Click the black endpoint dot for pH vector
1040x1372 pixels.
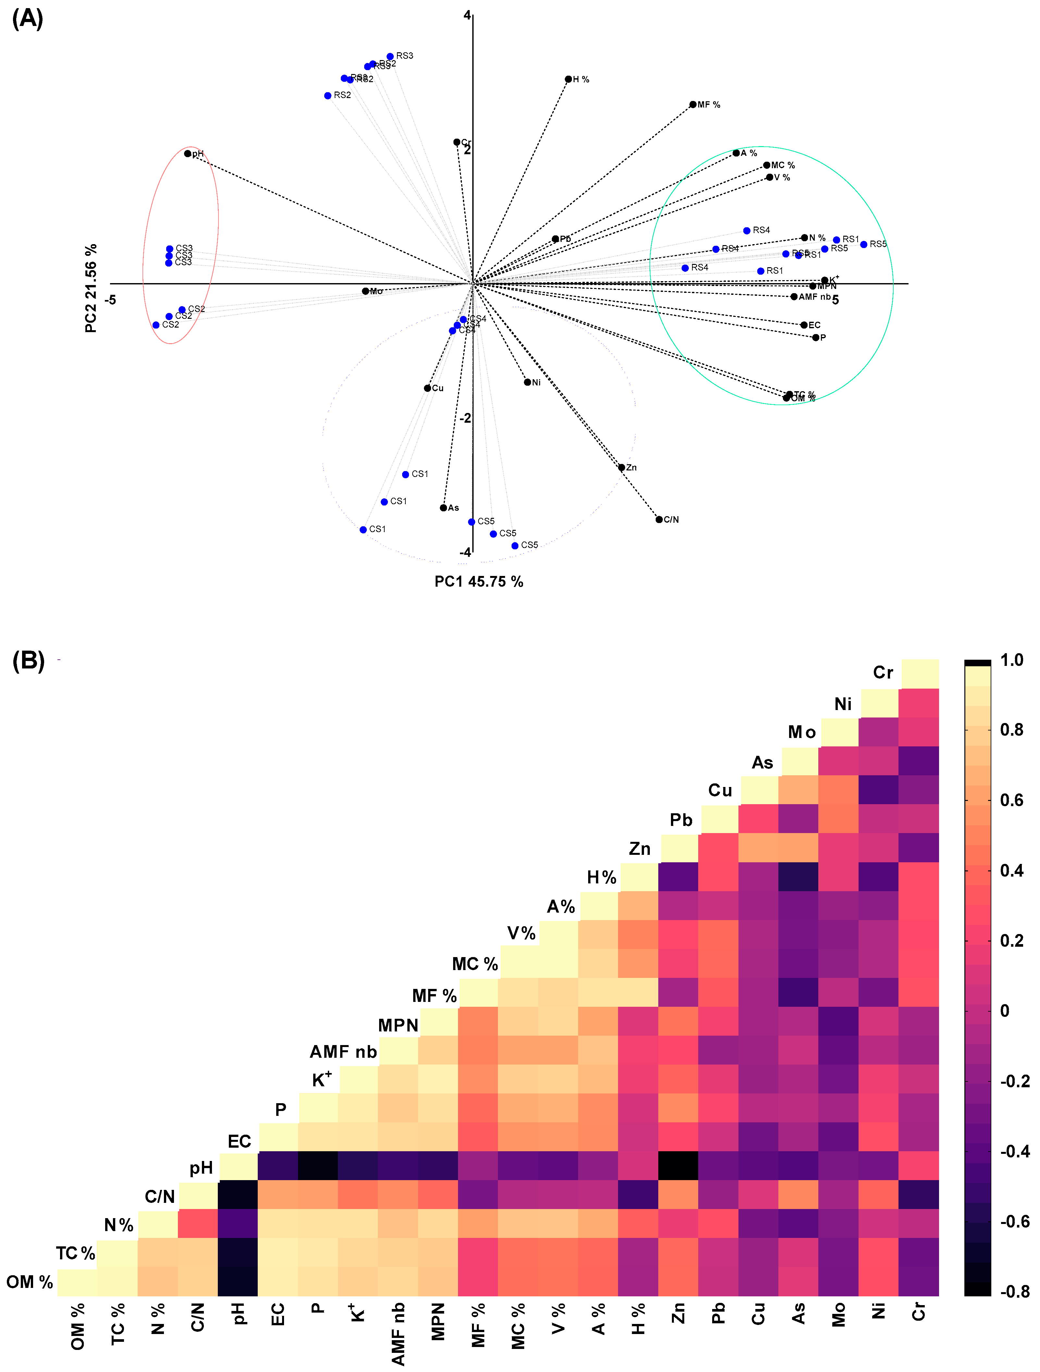187,154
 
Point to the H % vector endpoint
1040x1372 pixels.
568,80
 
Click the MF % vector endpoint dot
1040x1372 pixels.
693,105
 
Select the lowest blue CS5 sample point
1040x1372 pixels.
515,546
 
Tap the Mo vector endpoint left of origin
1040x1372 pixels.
365,291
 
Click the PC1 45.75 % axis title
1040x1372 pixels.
479,582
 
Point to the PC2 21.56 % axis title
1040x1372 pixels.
91,288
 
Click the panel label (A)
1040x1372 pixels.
28,19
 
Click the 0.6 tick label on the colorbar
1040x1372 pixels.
1011,800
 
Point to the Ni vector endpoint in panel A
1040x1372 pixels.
527,382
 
